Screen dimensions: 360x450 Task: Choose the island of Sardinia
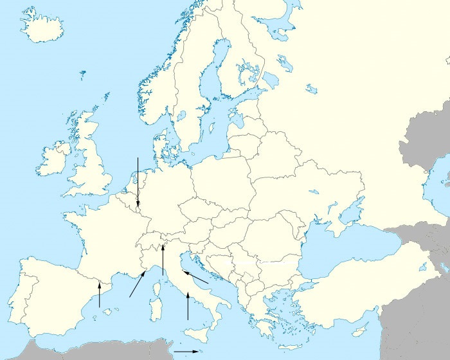155,309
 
